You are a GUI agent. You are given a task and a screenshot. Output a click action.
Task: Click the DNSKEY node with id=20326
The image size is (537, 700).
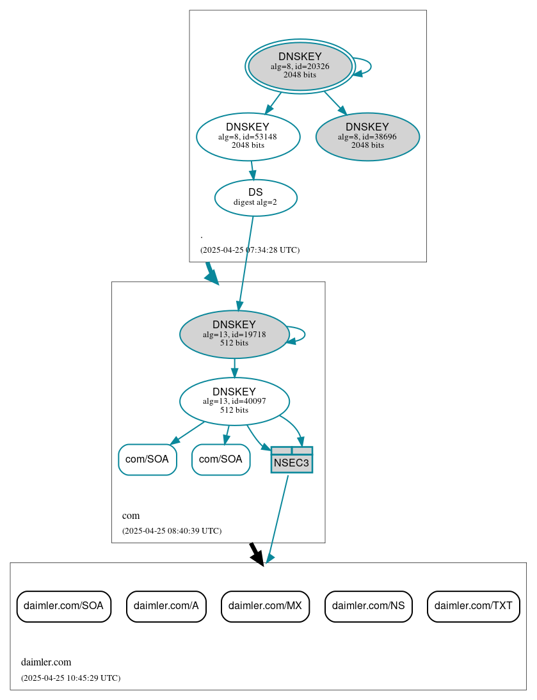(x=300, y=66)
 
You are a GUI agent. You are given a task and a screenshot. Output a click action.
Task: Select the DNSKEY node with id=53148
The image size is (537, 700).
(x=248, y=136)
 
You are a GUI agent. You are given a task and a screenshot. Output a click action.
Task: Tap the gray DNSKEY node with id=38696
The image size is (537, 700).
(x=367, y=136)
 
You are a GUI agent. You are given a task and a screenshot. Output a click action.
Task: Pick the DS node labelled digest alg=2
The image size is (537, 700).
(x=255, y=197)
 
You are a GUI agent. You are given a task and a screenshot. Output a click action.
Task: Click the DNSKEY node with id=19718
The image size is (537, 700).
(x=234, y=334)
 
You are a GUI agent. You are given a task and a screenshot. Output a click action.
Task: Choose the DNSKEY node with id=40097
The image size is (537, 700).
(x=234, y=401)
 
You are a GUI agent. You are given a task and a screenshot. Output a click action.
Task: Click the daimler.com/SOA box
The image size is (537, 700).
(x=63, y=606)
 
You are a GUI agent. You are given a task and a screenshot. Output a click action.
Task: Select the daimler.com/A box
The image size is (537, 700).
(x=166, y=606)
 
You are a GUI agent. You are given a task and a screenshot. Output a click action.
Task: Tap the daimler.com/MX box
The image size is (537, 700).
(x=265, y=606)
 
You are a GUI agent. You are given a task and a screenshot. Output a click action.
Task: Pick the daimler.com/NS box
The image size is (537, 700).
(x=368, y=606)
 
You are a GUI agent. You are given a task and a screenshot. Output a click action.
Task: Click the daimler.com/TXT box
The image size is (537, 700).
(x=473, y=606)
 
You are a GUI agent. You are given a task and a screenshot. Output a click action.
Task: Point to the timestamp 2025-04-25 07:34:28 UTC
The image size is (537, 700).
(x=250, y=250)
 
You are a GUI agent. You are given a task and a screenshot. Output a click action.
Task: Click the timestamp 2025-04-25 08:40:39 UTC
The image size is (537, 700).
(x=172, y=530)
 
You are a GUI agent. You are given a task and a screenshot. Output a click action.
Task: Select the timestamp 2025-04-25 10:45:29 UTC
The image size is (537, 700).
(x=70, y=678)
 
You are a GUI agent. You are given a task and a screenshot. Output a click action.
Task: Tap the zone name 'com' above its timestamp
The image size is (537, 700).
(x=131, y=516)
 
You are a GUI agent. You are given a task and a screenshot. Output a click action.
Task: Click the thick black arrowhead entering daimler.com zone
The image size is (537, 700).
(x=257, y=558)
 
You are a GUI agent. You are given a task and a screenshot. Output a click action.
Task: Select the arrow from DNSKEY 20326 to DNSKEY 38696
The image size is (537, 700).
(x=335, y=103)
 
